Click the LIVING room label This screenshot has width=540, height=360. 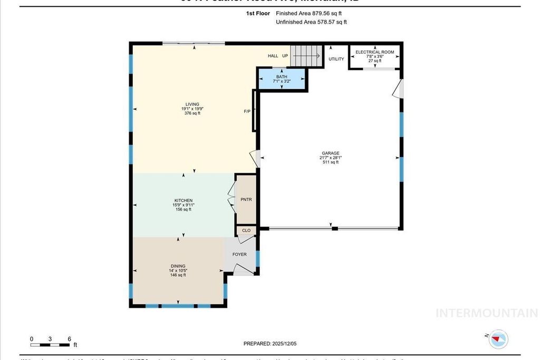[x=192, y=104]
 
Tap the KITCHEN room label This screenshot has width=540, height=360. [x=183, y=201]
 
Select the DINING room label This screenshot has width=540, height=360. [x=177, y=266]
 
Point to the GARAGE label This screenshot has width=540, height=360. [x=330, y=153]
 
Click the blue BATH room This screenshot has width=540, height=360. [x=282, y=80]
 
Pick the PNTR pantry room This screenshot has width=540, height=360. [x=246, y=200]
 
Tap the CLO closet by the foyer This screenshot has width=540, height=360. [x=246, y=230]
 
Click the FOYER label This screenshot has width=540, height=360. [x=239, y=255]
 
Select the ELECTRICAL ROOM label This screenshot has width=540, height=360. [x=374, y=52]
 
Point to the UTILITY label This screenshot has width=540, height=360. [x=336, y=59]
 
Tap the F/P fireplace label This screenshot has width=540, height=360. [x=247, y=112]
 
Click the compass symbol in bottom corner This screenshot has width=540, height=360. [x=498, y=339]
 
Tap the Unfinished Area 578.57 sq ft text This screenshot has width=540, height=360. [x=311, y=22]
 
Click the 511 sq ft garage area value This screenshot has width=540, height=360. [x=330, y=162]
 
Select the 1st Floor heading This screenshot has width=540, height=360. [x=258, y=13]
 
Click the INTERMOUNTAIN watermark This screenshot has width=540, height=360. [x=486, y=313]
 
